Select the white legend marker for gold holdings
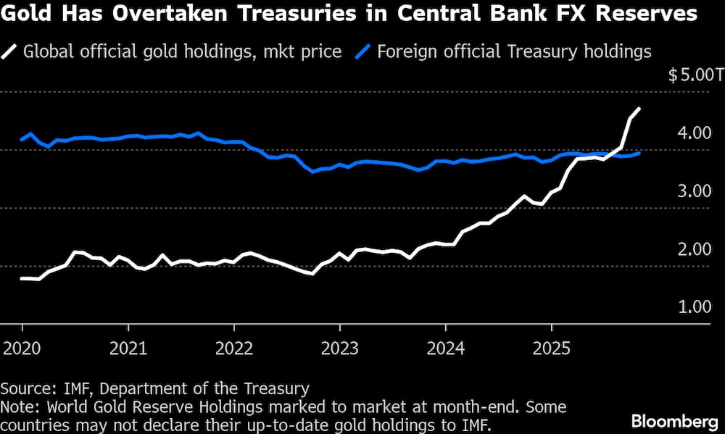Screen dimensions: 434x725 [x=12, y=52]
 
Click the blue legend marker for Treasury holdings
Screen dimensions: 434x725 [x=364, y=52]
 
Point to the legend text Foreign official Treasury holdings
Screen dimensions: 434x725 [x=514, y=52]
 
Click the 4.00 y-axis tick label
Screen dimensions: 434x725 [x=695, y=133]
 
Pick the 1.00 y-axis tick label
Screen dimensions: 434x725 [x=695, y=306]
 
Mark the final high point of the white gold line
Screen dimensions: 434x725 [x=639, y=109]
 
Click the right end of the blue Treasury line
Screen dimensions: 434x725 [x=639, y=153]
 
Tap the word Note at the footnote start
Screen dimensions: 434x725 [x=17, y=406]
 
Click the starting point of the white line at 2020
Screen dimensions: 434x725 [x=22, y=278]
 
